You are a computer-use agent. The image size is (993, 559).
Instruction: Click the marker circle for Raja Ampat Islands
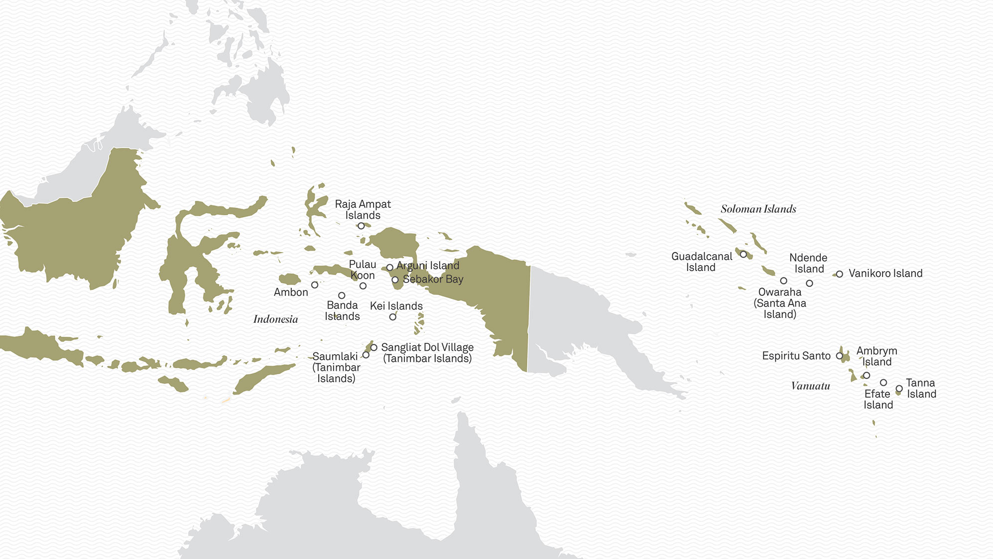click(361, 226)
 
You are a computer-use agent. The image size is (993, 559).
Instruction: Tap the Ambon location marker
click(315, 285)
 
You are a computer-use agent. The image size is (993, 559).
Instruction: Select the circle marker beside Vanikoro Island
click(840, 274)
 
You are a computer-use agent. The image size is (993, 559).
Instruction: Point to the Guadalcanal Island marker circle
click(744, 255)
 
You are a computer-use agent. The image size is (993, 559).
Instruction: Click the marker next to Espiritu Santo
click(840, 356)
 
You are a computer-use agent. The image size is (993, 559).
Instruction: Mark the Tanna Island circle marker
click(899, 389)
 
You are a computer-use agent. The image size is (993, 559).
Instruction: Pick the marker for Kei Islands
click(393, 317)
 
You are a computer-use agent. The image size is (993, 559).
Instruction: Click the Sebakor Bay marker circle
click(395, 280)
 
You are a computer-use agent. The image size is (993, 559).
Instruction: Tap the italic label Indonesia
click(275, 319)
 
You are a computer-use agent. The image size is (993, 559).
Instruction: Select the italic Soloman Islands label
click(758, 209)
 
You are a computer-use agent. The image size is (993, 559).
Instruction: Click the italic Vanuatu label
click(810, 386)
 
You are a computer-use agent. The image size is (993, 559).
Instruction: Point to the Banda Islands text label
click(342, 311)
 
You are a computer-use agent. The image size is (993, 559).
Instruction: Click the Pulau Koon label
click(363, 270)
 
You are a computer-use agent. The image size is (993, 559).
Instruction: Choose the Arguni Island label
click(428, 266)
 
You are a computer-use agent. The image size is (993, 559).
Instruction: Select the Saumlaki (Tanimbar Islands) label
click(336, 367)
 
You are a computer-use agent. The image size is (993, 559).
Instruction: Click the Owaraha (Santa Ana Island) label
click(780, 303)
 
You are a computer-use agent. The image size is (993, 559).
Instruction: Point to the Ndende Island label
click(808, 263)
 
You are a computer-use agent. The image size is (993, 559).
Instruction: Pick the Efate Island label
click(878, 399)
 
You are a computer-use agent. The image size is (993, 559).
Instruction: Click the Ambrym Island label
click(876, 356)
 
